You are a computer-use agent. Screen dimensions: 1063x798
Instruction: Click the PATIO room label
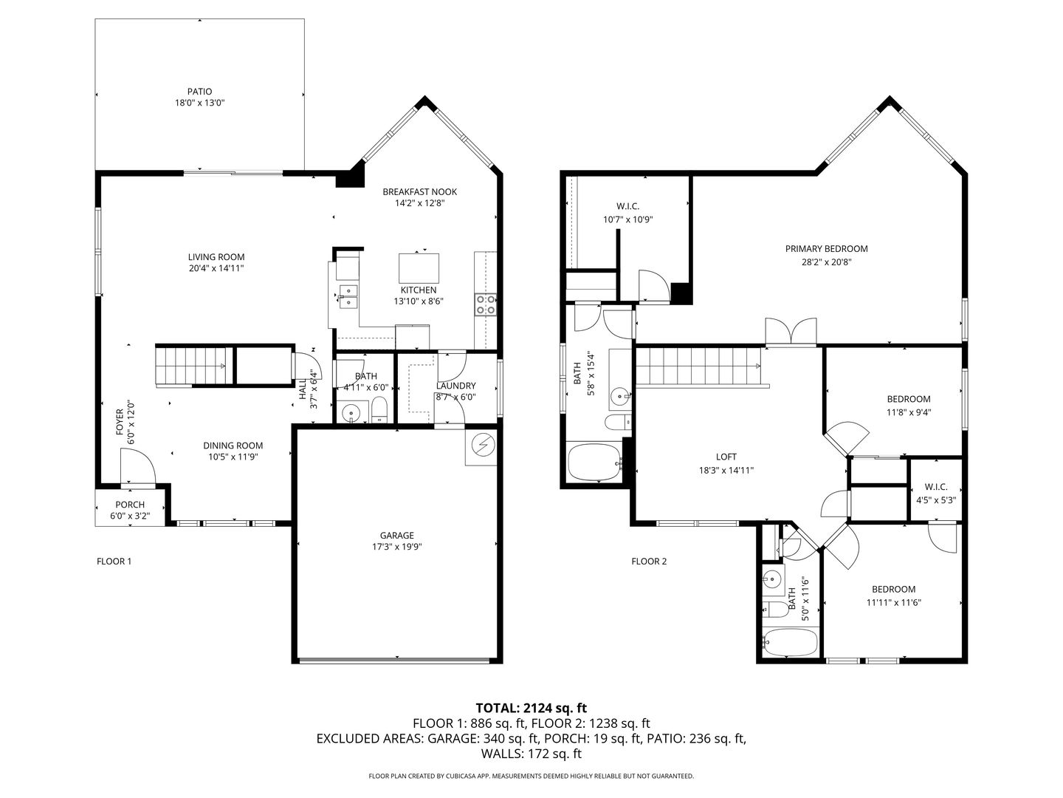(199, 92)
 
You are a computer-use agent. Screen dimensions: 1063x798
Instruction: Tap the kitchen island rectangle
(419, 268)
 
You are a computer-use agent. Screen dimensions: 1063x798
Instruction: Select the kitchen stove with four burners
(486, 304)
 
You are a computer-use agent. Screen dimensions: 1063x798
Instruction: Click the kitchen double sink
(348, 296)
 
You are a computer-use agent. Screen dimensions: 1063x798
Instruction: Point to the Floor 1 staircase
(190, 366)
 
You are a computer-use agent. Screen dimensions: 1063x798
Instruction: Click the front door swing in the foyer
(137, 466)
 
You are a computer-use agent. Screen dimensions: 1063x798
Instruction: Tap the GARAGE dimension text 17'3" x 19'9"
(396, 547)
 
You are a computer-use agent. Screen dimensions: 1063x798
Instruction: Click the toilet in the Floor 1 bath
(379, 410)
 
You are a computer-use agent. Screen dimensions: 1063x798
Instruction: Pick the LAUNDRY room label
(455, 386)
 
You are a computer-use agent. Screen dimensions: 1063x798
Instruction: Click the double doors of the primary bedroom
(791, 332)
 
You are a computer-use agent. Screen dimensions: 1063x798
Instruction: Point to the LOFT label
(726, 457)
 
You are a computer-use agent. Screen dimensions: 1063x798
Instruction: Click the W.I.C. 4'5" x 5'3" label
(935, 494)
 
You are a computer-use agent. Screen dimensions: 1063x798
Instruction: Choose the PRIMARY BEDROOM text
(826, 248)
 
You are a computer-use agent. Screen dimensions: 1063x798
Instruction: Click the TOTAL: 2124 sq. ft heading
(531, 708)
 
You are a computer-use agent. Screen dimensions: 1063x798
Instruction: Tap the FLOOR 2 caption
(649, 561)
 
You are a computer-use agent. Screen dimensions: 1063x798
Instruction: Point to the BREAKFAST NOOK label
(419, 192)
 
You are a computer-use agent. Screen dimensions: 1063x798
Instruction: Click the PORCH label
(130, 505)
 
